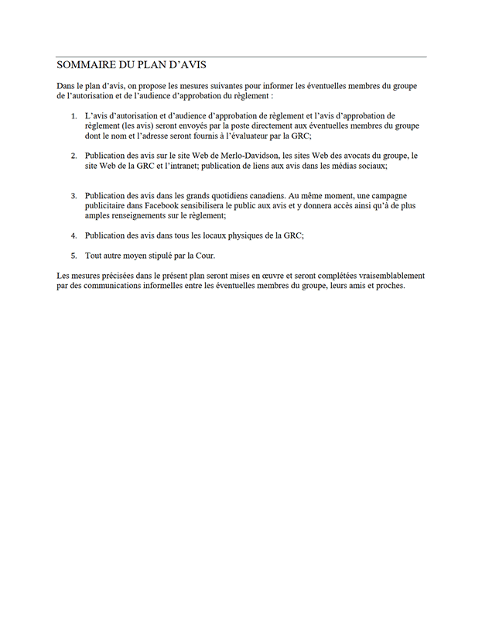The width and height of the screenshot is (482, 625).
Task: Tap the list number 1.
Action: pos(73,115)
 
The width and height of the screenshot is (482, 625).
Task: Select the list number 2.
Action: pos(73,156)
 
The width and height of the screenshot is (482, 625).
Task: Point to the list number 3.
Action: pos(73,196)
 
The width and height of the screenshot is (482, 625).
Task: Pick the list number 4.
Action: pos(73,235)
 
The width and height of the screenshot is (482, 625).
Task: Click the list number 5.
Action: pos(73,256)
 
